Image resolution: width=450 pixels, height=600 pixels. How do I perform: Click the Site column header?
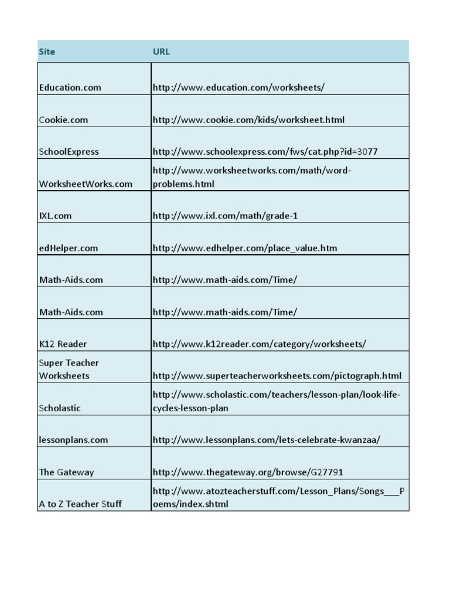point(47,52)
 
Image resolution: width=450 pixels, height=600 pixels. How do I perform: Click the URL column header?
point(161,52)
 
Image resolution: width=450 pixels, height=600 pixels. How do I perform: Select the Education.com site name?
point(70,88)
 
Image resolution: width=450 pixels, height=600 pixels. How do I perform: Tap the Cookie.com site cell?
point(63,120)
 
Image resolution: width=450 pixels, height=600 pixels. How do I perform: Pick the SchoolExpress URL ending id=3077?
point(265,152)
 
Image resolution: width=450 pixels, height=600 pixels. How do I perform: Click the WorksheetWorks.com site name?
point(86,184)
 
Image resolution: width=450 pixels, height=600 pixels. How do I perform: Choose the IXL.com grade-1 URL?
point(225,216)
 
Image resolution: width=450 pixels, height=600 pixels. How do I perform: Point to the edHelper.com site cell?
point(69,248)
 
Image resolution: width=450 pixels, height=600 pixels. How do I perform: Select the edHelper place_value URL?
point(244,248)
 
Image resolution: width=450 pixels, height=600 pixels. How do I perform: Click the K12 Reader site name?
point(63,344)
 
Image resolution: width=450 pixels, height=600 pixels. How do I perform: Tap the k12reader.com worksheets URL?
point(259,344)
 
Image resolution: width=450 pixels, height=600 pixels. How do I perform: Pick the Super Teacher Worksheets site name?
point(69,369)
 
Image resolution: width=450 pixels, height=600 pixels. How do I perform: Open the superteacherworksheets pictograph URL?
point(277,376)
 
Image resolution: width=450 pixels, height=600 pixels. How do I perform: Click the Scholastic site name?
point(60,408)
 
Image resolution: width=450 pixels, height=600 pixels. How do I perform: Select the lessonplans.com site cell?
point(73,440)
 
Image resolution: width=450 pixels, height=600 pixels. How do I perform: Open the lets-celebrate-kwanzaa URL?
point(266,440)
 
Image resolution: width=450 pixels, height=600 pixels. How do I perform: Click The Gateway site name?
point(66,472)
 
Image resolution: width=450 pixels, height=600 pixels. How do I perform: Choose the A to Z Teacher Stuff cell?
point(80,504)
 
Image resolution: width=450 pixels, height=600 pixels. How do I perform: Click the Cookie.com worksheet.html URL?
point(248,120)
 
